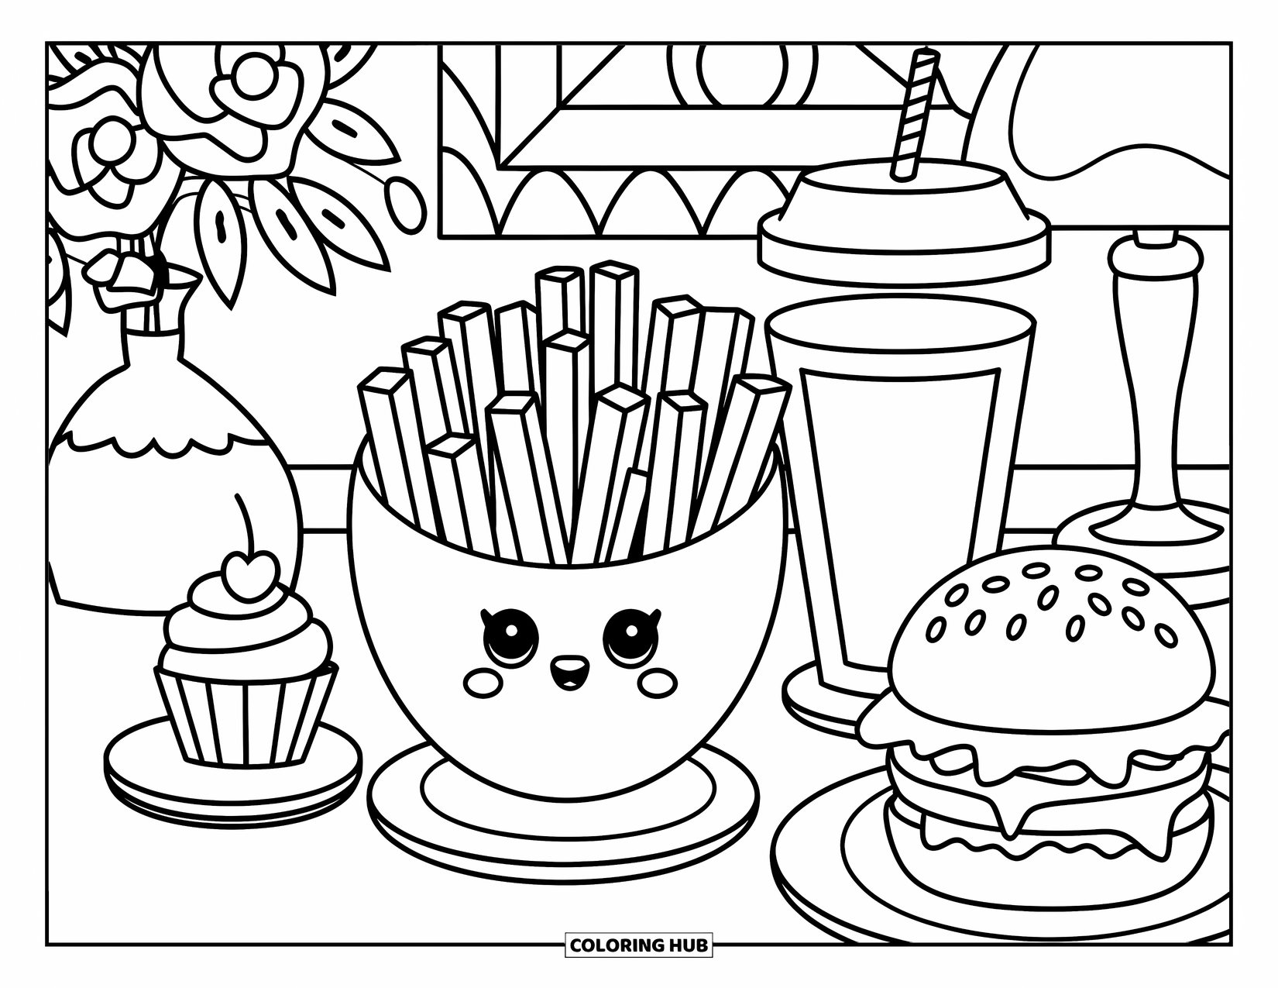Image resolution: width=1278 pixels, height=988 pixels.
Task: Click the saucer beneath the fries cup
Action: click(563, 821)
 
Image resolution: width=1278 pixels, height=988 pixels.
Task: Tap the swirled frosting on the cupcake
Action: click(246, 628)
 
